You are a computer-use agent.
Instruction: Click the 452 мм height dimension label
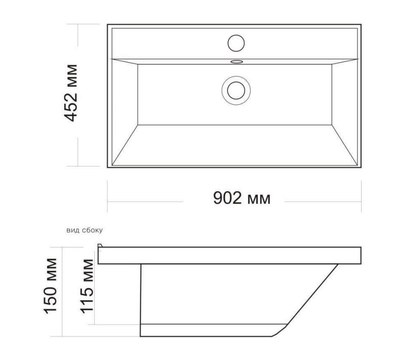(70, 93)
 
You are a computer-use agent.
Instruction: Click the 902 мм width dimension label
(242, 198)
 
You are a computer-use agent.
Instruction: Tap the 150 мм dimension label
(51, 286)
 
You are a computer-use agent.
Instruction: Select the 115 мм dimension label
(87, 286)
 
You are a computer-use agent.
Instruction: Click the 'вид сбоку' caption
(84, 230)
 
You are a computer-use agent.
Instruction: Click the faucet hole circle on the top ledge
(236, 43)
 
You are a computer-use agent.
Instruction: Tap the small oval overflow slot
(236, 61)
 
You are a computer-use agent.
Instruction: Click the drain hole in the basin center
(236, 90)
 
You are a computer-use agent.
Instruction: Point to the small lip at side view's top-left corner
(100, 245)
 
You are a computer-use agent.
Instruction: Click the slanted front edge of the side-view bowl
(313, 294)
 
